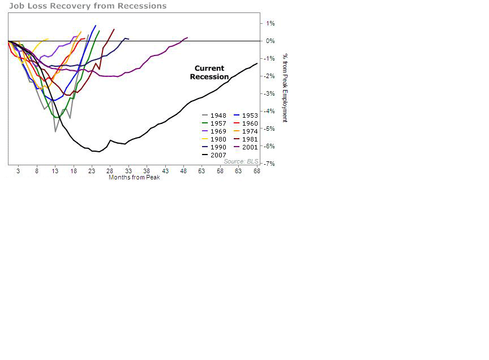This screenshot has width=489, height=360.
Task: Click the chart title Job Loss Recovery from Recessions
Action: pos(88,6)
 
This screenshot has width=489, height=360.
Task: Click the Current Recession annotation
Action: pos(209,72)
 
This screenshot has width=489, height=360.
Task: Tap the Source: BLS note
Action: pos(241,162)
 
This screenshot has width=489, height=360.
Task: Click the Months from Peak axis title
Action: pos(134,178)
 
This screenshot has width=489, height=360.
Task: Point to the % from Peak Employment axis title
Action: pos(285,88)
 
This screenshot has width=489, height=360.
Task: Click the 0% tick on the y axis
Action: pos(270,41)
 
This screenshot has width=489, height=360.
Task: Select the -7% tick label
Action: pos(270,164)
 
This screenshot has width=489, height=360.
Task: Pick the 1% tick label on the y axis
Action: pos(270,24)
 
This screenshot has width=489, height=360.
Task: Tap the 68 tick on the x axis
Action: pos(257,171)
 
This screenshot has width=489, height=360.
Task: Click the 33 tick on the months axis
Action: pos(128,171)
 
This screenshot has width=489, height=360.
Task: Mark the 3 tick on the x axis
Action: pos(18,171)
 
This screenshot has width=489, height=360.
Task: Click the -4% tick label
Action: pos(270,112)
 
